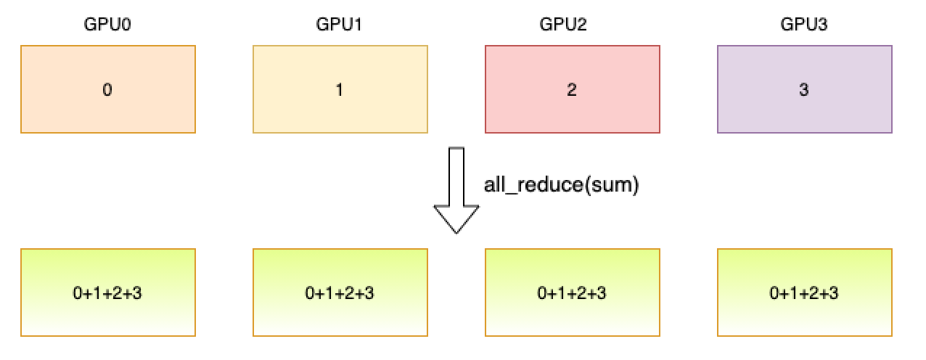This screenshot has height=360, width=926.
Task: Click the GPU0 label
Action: coord(107,25)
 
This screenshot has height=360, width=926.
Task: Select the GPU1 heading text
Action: coord(339,25)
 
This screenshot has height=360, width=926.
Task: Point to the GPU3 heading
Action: coord(804,25)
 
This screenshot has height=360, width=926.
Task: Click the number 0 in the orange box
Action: coord(107,90)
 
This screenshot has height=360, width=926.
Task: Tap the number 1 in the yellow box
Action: coord(340,90)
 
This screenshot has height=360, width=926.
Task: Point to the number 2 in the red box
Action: coord(572,90)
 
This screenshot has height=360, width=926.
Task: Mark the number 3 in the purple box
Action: coord(804,90)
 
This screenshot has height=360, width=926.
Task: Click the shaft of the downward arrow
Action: coord(456,174)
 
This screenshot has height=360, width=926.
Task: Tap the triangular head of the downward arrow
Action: coord(456,217)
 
